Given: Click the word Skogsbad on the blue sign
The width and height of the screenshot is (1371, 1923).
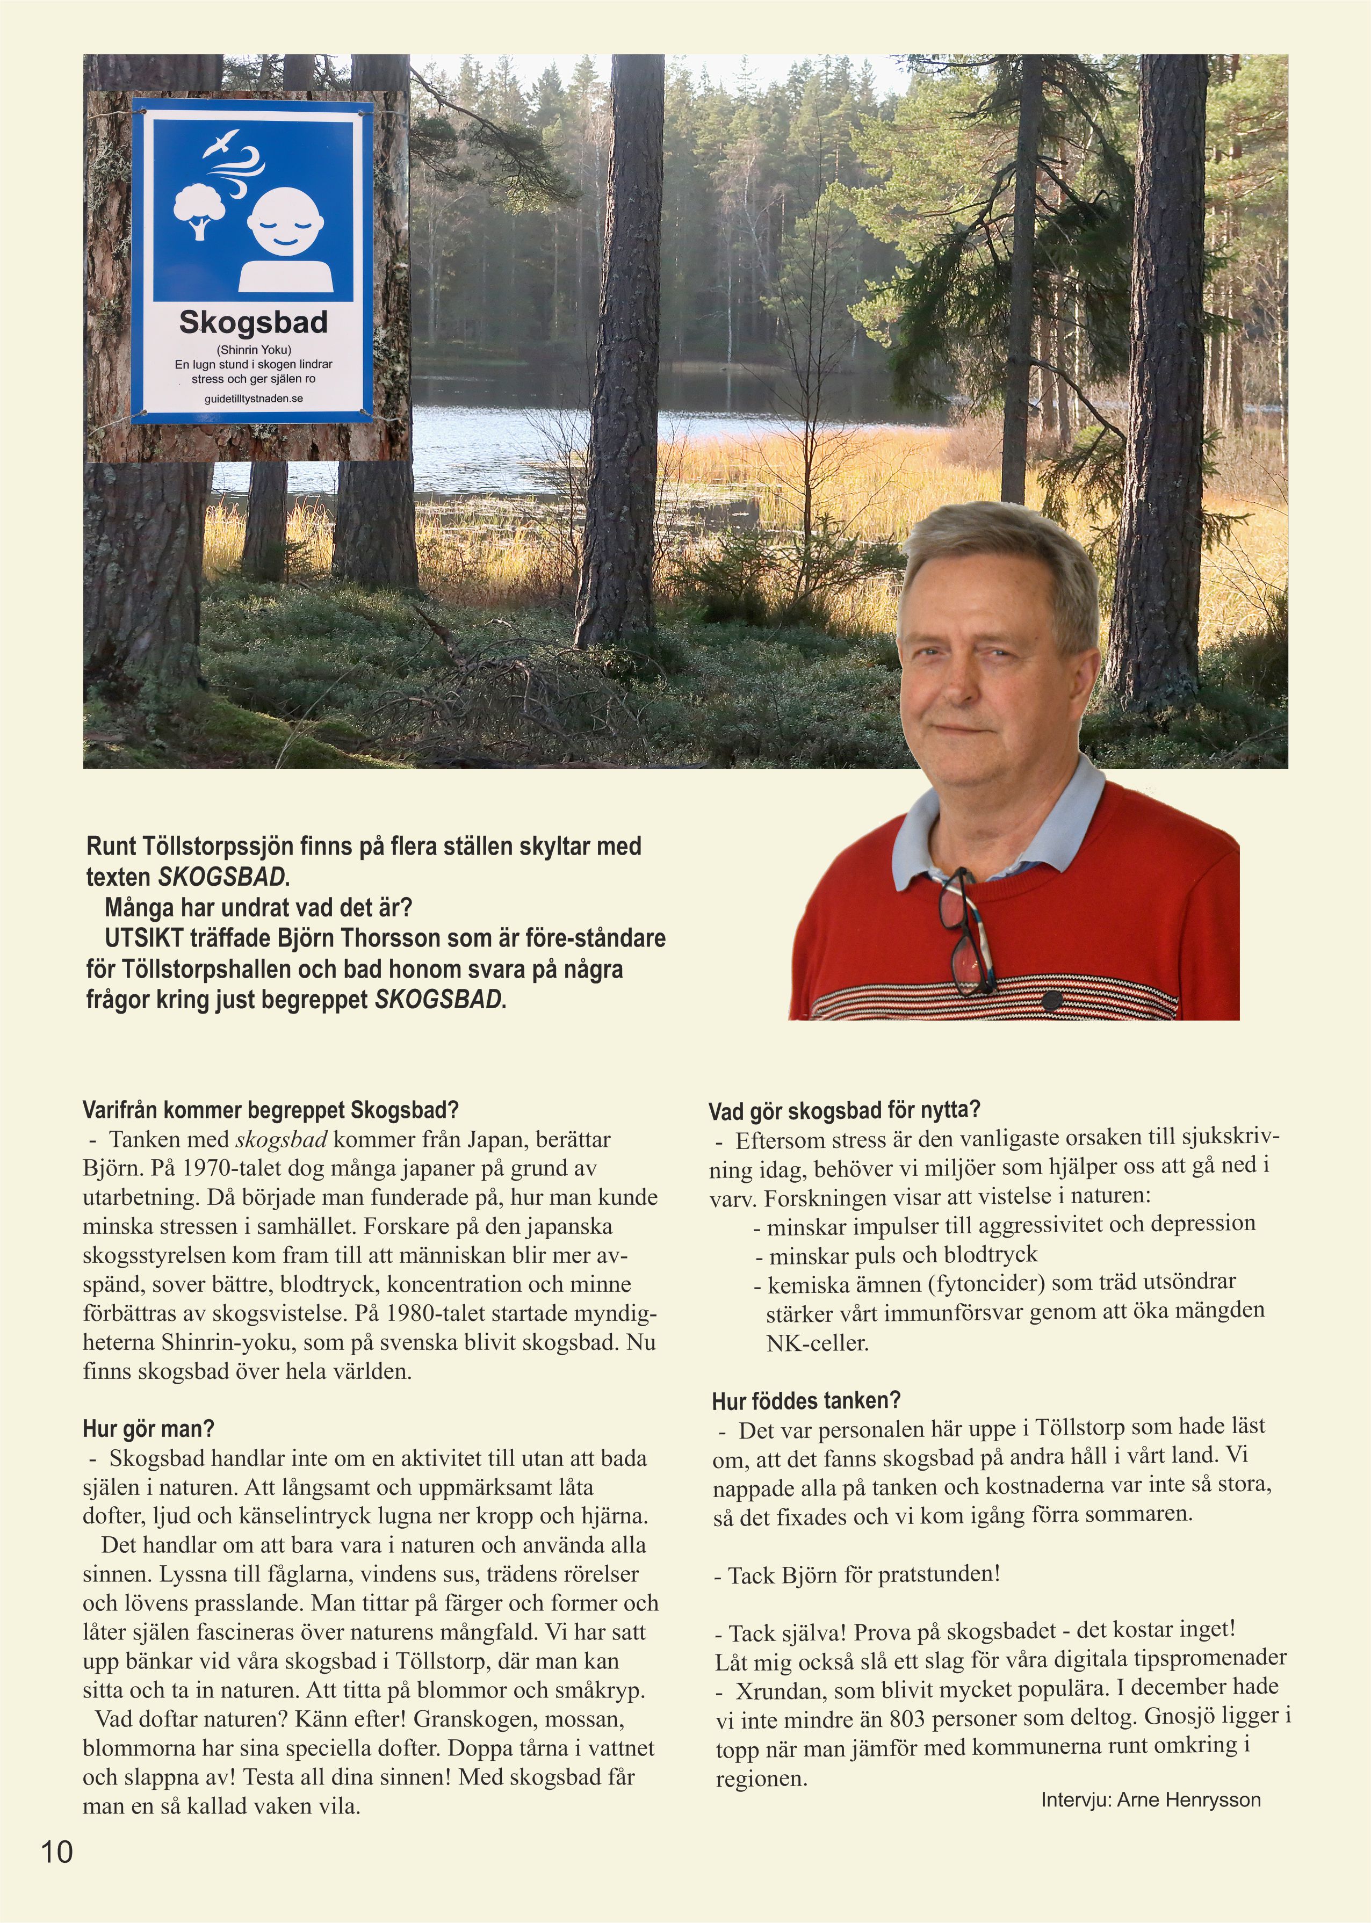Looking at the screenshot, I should click(253, 322).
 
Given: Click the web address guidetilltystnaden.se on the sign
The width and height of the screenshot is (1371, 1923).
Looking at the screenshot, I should click(253, 399).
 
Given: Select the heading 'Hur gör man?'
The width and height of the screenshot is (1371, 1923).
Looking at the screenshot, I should click(149, 1429).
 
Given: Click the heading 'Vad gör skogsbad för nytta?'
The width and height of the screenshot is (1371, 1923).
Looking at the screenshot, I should click(844, 1109).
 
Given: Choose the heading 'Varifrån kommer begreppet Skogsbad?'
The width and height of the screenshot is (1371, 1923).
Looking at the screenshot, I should click(270, 1109).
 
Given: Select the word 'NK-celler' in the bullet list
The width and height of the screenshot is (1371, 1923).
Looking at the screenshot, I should click(817, 1343).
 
